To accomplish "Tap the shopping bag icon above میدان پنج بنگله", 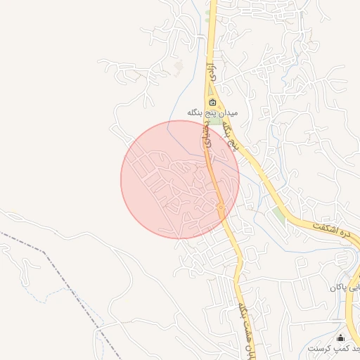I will pyautogui.click(x=212, y=103).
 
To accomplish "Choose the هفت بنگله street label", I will pyautogui.click(x=246, y=327).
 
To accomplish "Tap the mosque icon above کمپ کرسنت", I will pyautogui.click(x=341, y=337).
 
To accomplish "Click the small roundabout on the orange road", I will pyautogui.click(x=221, y=207).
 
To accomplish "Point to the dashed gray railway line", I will pyautogui.click(x=70, y=288).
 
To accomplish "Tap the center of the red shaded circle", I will pyautogui.click(x=180, y=179).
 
